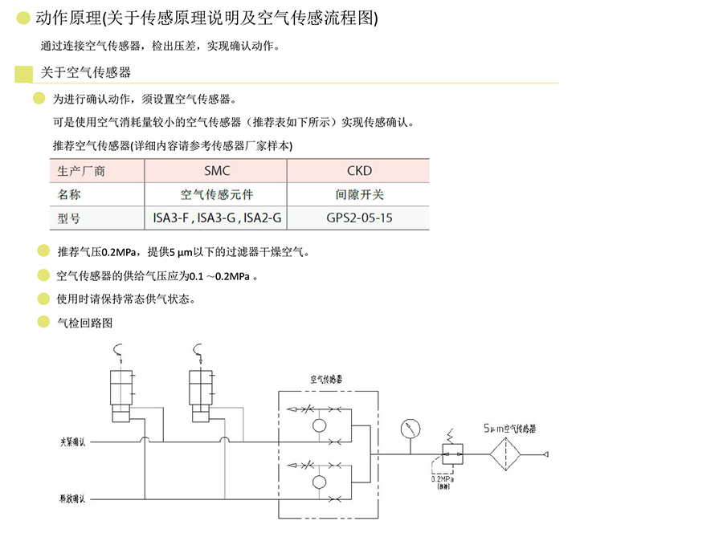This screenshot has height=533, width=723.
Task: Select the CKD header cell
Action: (x=359, y=171)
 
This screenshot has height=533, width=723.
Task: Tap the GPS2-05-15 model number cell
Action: (x=359, y=218)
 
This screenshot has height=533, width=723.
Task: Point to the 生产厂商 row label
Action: (x=82, y=171)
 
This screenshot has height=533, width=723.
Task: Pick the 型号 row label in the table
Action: (x=70, y=218)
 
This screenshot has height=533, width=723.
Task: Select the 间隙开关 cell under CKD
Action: (x=359, y=194)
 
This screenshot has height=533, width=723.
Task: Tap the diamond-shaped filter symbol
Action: (x=506, y=454)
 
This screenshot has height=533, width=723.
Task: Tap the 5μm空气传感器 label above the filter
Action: (x=509, y=429)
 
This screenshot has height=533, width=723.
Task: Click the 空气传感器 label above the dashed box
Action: (x=328, y=379)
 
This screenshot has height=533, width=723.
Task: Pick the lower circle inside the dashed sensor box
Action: (x=320, y=482)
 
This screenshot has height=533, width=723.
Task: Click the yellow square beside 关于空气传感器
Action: (x=24, y=74)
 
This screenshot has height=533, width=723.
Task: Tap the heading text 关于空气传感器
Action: (x=86, y=73)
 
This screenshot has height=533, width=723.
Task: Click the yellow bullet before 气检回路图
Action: (x=43, y=323)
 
